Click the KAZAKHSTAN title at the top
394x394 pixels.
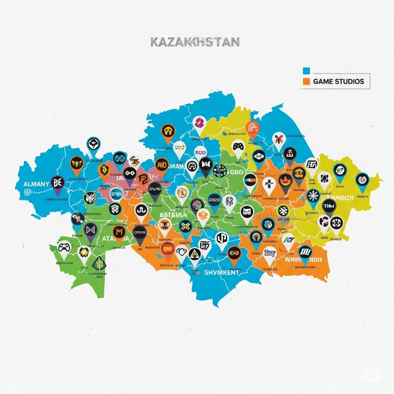[x=194, y=41]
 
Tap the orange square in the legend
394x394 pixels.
[x=306, y=81]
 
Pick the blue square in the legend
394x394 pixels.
[x=306, y=70]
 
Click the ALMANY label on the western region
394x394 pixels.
[x=36, y=184]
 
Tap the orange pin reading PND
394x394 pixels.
[x=162, y=164]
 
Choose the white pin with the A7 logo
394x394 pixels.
[x=288, y=239]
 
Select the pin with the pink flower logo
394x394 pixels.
[x=198, y=123]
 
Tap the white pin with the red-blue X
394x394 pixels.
[x=278, y=139]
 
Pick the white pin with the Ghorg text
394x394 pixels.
[x=270, y=254]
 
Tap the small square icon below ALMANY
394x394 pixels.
[x=26, y=192]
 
